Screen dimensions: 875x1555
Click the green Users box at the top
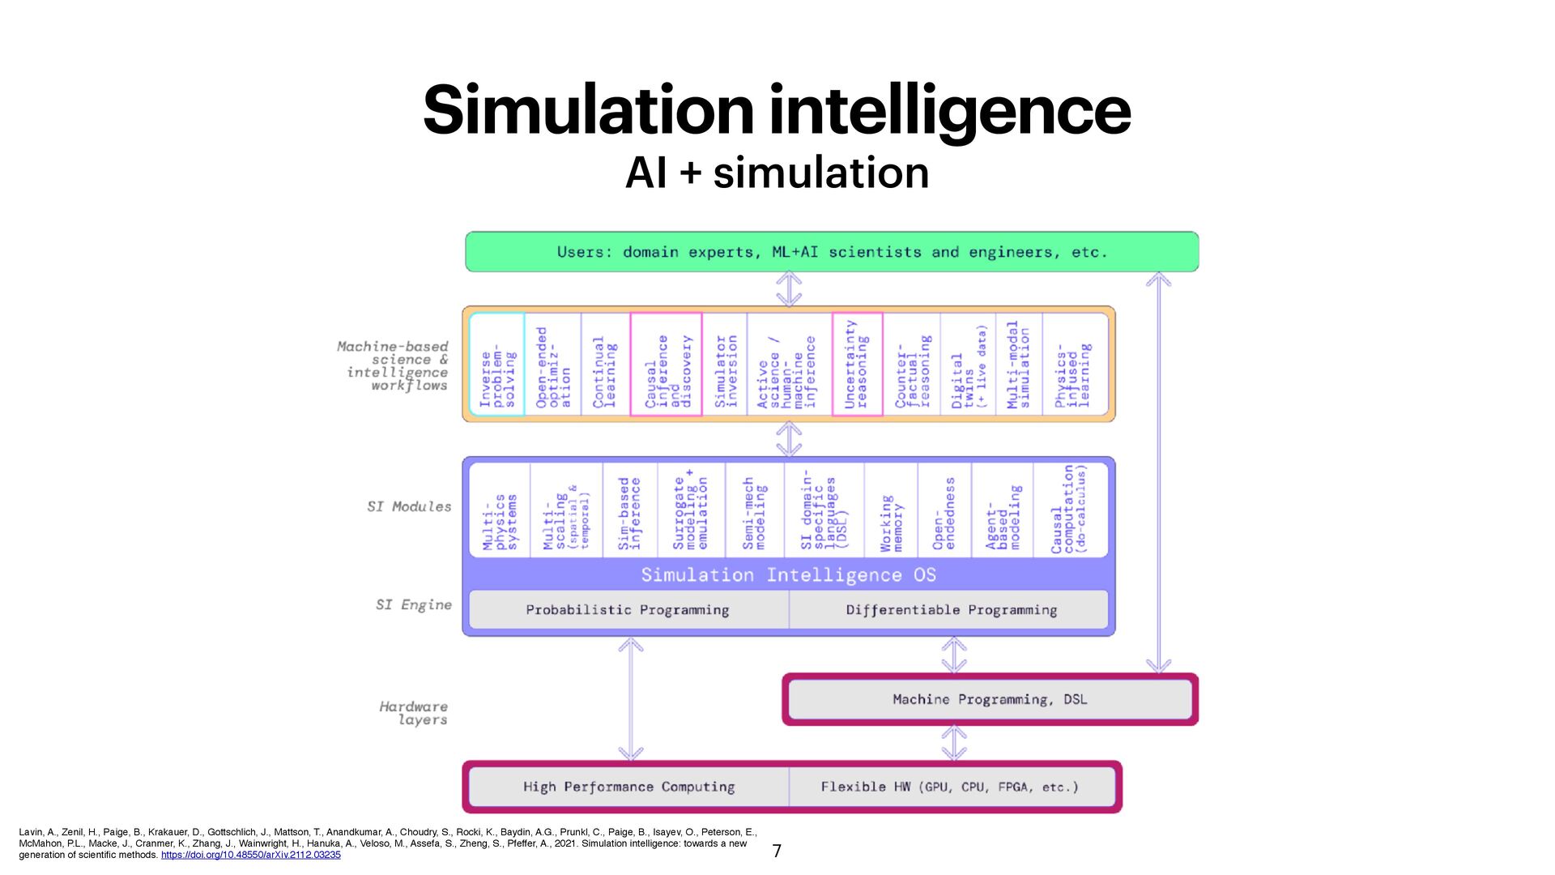point(831,252)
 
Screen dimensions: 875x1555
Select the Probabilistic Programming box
point(628,610)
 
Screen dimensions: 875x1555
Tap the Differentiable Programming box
point(951,610)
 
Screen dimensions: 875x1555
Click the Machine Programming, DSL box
point(990,699)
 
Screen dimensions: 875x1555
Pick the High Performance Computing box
point(628,787)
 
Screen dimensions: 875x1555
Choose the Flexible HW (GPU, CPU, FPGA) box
point(950,787)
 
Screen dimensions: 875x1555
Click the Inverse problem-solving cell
point(497,365)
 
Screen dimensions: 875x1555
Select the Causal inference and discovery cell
point(667,365)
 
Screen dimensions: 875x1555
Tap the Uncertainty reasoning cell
point(857,365)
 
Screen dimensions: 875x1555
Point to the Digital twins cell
point(968,365)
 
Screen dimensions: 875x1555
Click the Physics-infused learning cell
point(1074,365)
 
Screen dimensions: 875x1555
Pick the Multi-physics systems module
point(500,510)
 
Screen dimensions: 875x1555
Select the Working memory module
point(891,510)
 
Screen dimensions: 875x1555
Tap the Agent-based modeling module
point(1003,510)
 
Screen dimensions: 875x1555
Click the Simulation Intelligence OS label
point(788,575)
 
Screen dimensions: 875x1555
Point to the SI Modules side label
point(409,507)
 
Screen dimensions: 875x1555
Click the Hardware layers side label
point(413,713)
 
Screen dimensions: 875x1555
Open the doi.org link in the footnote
point(251,855)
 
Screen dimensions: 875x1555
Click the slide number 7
point(777,851)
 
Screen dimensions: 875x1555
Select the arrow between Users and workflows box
point(789,289)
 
